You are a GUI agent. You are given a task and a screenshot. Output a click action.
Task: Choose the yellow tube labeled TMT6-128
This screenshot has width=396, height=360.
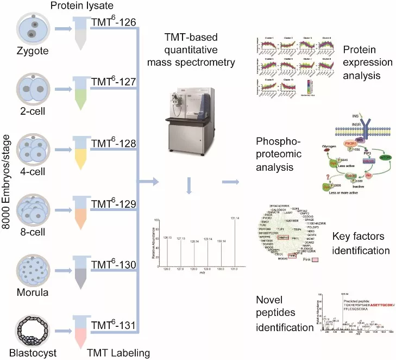80,154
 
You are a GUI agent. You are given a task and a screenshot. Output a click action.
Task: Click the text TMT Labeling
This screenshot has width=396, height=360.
123,353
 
